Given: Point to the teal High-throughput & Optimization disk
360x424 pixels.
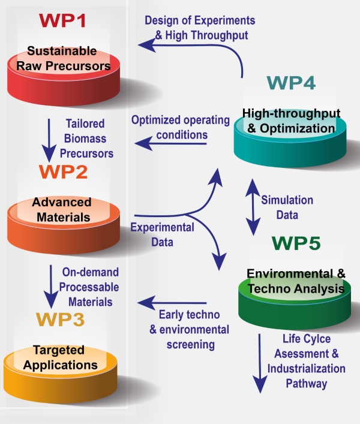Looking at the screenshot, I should [x=290, y=135].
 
